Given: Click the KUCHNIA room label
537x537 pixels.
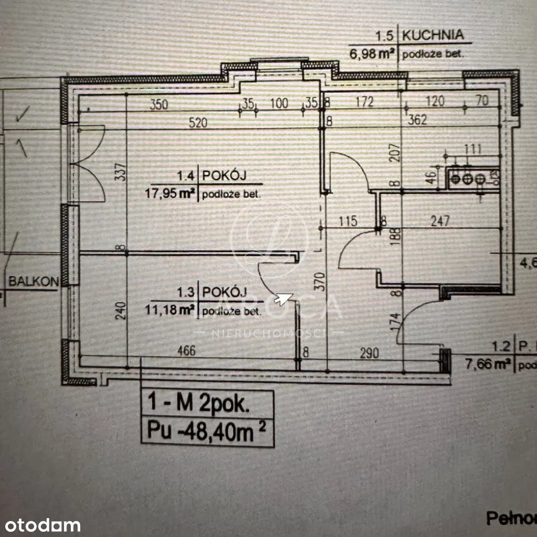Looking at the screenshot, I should [433, 36].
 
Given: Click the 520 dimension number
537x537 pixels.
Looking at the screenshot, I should [199, 123].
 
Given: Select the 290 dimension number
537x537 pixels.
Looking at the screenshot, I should [369, 352].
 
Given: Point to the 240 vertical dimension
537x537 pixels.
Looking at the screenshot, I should [120, 312].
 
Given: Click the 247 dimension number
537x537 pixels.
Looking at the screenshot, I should [441, 221].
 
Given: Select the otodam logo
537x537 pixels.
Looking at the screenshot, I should [40, 525].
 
